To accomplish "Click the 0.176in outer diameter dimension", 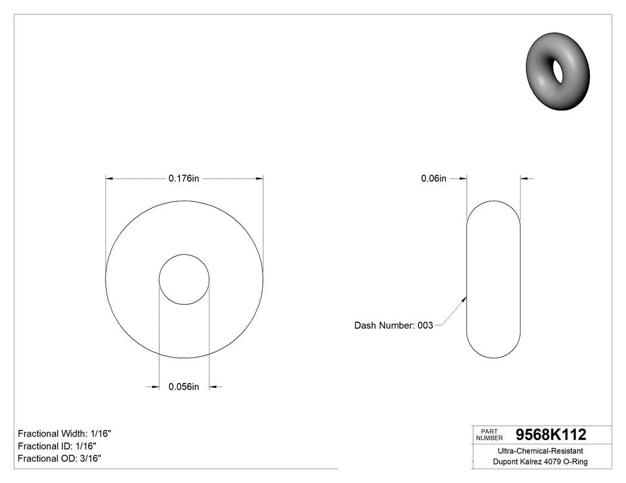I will (x=184, y=178).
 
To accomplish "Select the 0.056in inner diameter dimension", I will (x=184, y=387).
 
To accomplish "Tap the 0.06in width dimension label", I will (x=433, y=178).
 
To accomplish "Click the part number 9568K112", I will (x=550, y=435).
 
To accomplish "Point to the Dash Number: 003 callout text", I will (x=393, y=325).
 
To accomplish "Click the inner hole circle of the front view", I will (x=184, y=280).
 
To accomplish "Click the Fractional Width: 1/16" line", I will (x=64, y=434).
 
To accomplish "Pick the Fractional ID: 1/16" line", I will (x=57, y=446).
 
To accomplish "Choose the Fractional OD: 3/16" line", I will (x=59, y=459).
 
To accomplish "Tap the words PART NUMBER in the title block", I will (x=489, y=435).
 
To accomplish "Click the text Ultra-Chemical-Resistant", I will (x=540, y=451).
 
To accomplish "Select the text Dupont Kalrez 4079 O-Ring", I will (x=540, y=462).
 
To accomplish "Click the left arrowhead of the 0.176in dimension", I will (x=109, y=178).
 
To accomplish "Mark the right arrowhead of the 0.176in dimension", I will (x=259, y=178).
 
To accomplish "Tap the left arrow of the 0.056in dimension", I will (x=154, y=387).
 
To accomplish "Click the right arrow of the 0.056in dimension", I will (x=213, y=387).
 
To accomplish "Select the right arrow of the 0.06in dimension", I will (x=525, y=178).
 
